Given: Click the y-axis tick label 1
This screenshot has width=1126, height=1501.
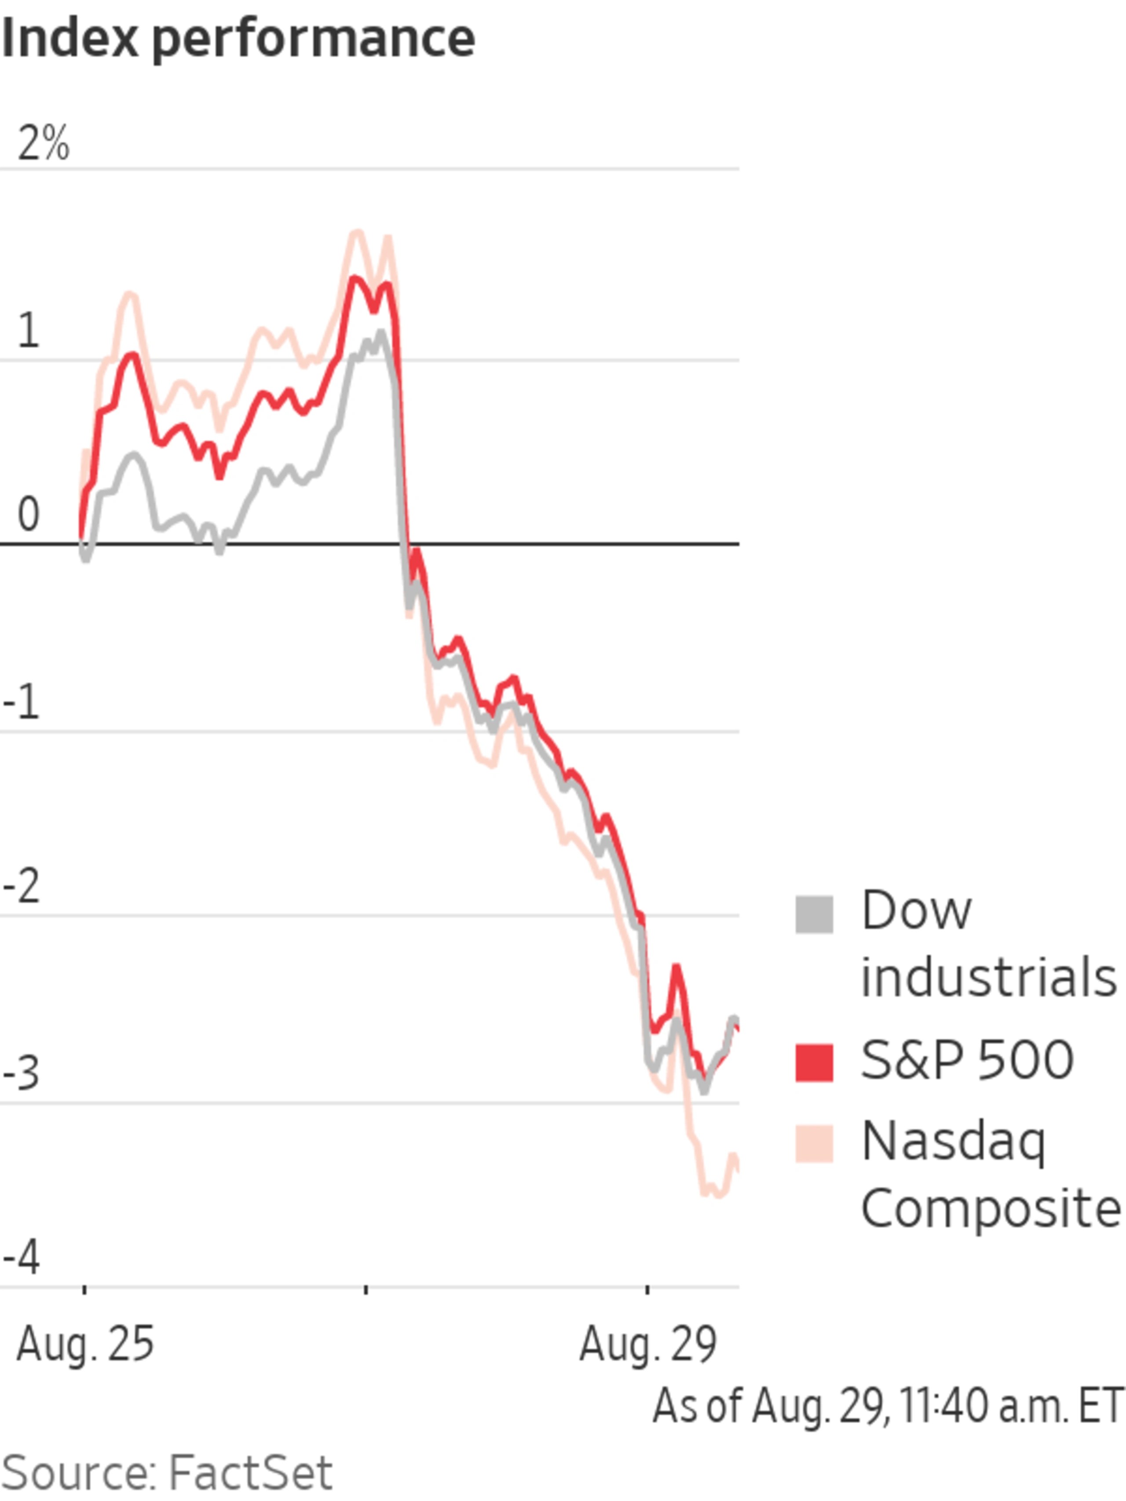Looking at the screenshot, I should [x=28, y=332].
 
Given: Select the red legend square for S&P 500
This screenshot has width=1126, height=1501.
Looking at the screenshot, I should [x=814, y=1062].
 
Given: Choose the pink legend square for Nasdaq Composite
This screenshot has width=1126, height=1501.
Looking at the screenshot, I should [x=814, y=1143].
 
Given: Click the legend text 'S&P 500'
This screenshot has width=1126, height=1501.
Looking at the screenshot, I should [x=966, y=1060].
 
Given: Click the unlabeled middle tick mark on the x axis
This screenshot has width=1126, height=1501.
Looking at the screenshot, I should [x=366, y=1288].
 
